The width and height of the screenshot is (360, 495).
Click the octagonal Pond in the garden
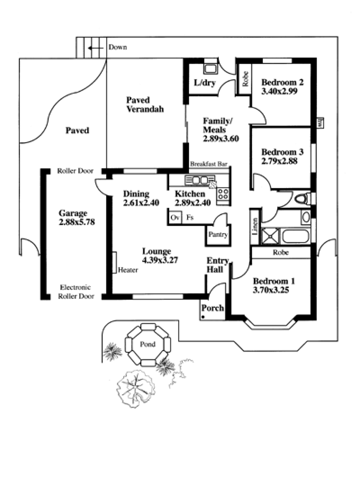click(148, 344)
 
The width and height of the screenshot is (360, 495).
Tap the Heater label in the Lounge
click(128, 270)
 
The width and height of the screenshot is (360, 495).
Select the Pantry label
click(218, 234)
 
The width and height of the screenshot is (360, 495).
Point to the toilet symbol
click(303, 198)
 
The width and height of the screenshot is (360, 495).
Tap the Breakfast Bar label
click(208, 164)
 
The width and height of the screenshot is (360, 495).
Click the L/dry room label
click(205, 83)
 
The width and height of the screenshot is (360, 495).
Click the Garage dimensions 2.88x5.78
click(77, 221)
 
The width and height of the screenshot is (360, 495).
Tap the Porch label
click(212, 308)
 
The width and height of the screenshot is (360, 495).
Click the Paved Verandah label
click(144, 104)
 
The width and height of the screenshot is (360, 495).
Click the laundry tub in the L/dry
click(210, 69)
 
